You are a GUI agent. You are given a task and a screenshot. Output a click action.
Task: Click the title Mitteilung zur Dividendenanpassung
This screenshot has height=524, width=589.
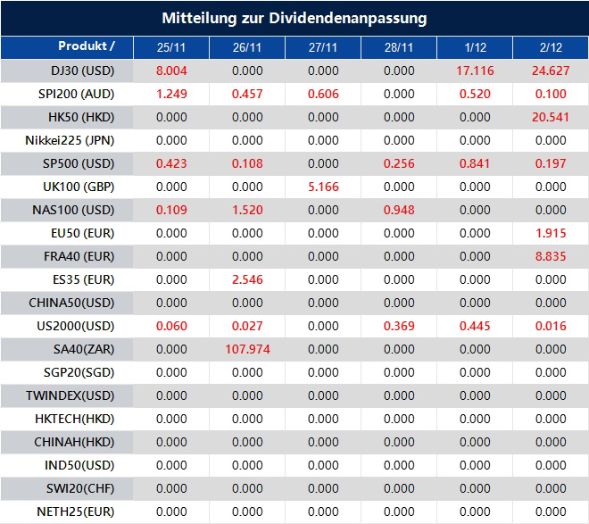[294, 18]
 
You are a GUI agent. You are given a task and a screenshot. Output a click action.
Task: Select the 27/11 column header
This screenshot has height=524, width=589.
[323, 47]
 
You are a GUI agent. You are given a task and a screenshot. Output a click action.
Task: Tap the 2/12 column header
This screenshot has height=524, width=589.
[551, 47]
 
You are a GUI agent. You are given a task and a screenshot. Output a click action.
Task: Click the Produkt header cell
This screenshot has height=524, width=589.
[86, 46]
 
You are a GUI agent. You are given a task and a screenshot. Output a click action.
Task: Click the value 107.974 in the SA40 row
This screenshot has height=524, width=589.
[247, 349]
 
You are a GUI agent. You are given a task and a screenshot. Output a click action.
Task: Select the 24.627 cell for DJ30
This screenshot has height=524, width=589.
[551, 71]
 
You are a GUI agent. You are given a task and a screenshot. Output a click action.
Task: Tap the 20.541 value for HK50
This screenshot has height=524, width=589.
[551, 117]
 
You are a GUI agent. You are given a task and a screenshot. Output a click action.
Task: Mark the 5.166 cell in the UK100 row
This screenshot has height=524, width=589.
[323, 187]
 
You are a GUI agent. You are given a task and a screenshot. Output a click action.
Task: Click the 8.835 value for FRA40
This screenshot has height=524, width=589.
[551, 256]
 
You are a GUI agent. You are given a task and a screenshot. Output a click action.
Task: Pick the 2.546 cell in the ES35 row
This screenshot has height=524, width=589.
[247, 279]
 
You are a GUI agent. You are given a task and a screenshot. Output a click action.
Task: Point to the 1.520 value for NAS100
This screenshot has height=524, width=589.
[247, 210]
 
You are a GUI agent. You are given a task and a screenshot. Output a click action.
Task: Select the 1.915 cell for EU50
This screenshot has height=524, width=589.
[551, 233]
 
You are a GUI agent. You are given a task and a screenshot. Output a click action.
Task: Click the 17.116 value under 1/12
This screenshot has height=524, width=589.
[475, 71]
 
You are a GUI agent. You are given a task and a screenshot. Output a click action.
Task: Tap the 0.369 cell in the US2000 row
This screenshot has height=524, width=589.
[399, 326]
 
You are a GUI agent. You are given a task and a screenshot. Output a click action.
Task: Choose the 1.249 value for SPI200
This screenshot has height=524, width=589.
[171, 94]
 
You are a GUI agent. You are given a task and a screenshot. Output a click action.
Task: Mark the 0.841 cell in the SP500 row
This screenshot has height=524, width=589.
[475, 163]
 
